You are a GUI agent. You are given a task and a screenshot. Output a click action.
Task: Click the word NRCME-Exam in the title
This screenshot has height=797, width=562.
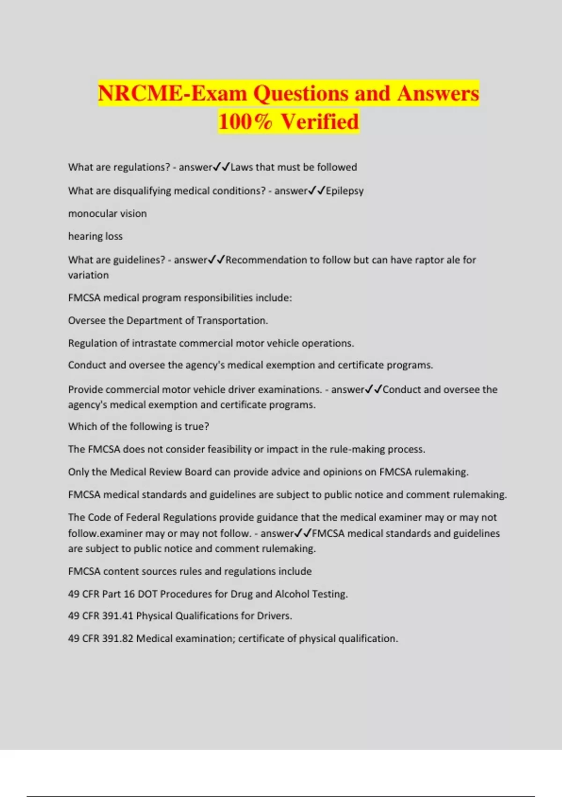pyautogui.click(x=172, y=93)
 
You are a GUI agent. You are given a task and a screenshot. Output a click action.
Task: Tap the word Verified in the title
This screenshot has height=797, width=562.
pyautogui.click(x=320, y=121)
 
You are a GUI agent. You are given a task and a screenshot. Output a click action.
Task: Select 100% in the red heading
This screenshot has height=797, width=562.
pyautogui.click(x=244, y=121)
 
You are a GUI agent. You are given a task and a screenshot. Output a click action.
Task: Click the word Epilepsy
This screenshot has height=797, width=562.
pyautogui.click(x=345, y=191)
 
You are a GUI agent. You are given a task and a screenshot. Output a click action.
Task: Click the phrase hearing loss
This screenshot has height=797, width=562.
pyautogui.click(x=95, y=236)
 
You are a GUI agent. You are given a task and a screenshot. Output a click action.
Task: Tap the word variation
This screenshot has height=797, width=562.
pyautogui.click(x=88, y=275)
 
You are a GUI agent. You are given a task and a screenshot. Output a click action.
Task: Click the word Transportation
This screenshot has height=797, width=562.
pyautogui.click(x=232, y=321)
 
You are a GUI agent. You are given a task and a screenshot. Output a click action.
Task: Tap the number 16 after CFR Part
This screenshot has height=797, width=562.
pyautogui.click(x=129, y=594)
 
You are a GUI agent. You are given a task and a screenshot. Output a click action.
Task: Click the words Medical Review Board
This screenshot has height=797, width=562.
pyautogui.click(x=161, y=472)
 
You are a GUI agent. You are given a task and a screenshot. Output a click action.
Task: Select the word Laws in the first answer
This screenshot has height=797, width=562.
pyautogui.click(x=241, y=167)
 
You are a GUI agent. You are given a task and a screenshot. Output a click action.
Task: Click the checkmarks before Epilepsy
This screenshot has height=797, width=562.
pyautogui.click(x=317, y=191)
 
